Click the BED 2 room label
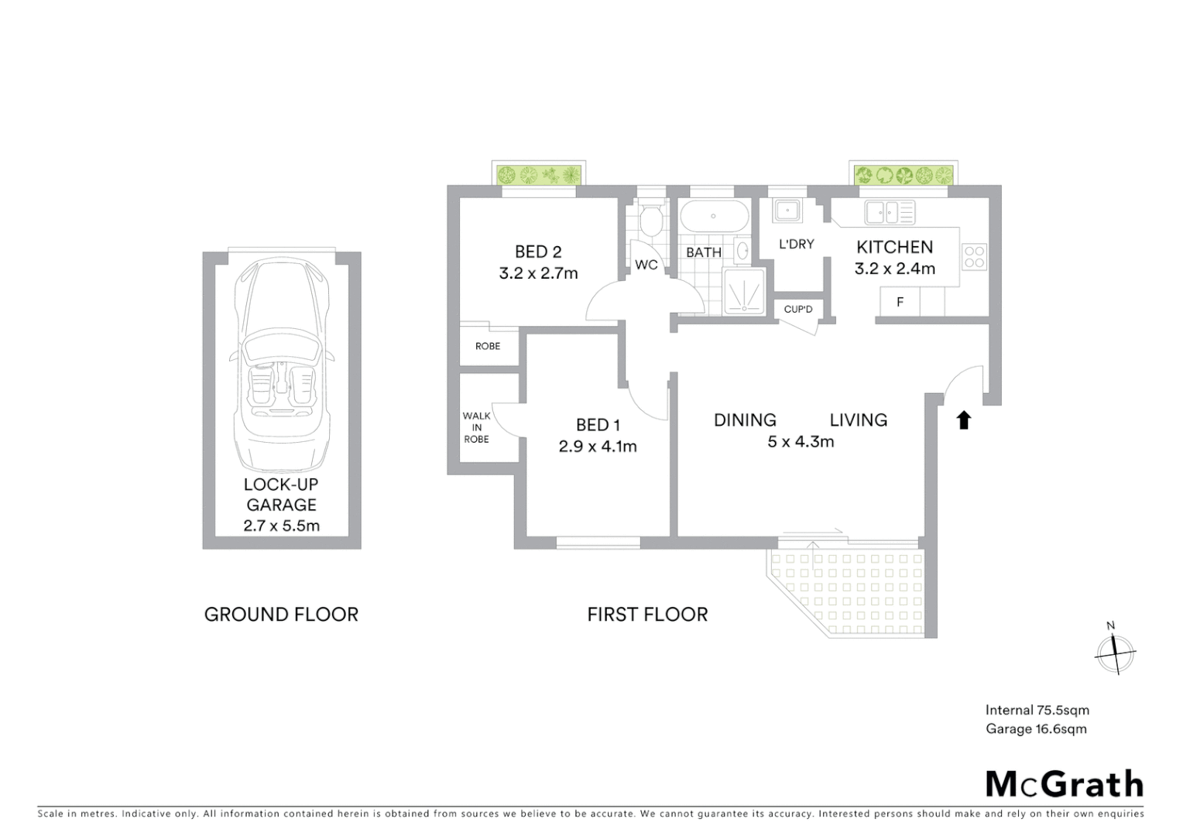tap(538, 252)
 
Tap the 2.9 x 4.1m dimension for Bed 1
tap(598, 447)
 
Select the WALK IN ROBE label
tap(477, 427)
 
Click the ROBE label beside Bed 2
tap(488, 346)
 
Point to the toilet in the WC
tap(651, 221)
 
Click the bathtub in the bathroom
tap(714, 216)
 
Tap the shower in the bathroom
tap(744, 292)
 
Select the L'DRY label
tap(796, 245)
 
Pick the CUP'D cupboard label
tap(798, 310)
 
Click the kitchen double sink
tap(890, 212)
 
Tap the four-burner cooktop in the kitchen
tap(974, 257)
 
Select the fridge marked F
tap(900, 302)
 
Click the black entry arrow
tap(963, 420)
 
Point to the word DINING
tap(745, 420)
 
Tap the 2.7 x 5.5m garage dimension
tap(281, 526)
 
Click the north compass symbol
tap(1115, 652)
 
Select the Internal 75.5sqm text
tap(1037, 710)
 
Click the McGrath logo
tap(1064, 784)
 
